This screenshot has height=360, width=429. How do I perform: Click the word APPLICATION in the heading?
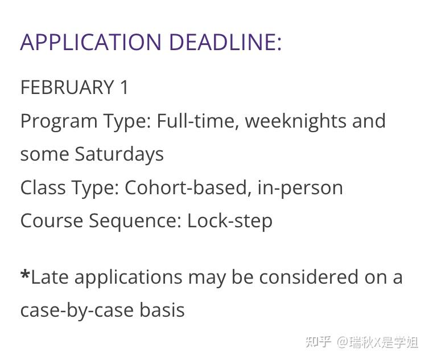pyautogui.click(x=91, y=42)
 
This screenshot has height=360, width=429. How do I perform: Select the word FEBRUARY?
pyautogui.click(x=67, y=87)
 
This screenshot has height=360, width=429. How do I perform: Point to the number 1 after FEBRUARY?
pyautogui.click(x=124, y=87)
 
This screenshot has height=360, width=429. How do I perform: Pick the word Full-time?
pyautogui.click(x=197, y=121)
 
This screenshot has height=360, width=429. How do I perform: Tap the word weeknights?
pyautogui.click(x=295, y=122)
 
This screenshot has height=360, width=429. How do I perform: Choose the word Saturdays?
pyautogui.click(x=119, y=155)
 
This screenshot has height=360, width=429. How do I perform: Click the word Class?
pyautogui.click(x=43, y=187)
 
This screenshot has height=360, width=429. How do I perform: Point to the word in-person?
pyautogui.click(x=300, y=189)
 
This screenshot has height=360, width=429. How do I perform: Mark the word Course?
pyautogui.click(x=52, y=221)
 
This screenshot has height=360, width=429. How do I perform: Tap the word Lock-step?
pyautogui.click(x=230, y=221)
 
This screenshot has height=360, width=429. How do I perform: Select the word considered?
pyautogui.click(x=308, y=277)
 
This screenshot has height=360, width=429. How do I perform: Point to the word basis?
pyautogui.click(x=162, y=310)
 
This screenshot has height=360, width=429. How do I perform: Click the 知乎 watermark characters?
pyautogui.click(x=318, y=342)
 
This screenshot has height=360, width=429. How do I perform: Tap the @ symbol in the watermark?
pyautogui.click(x=343, y=342)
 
